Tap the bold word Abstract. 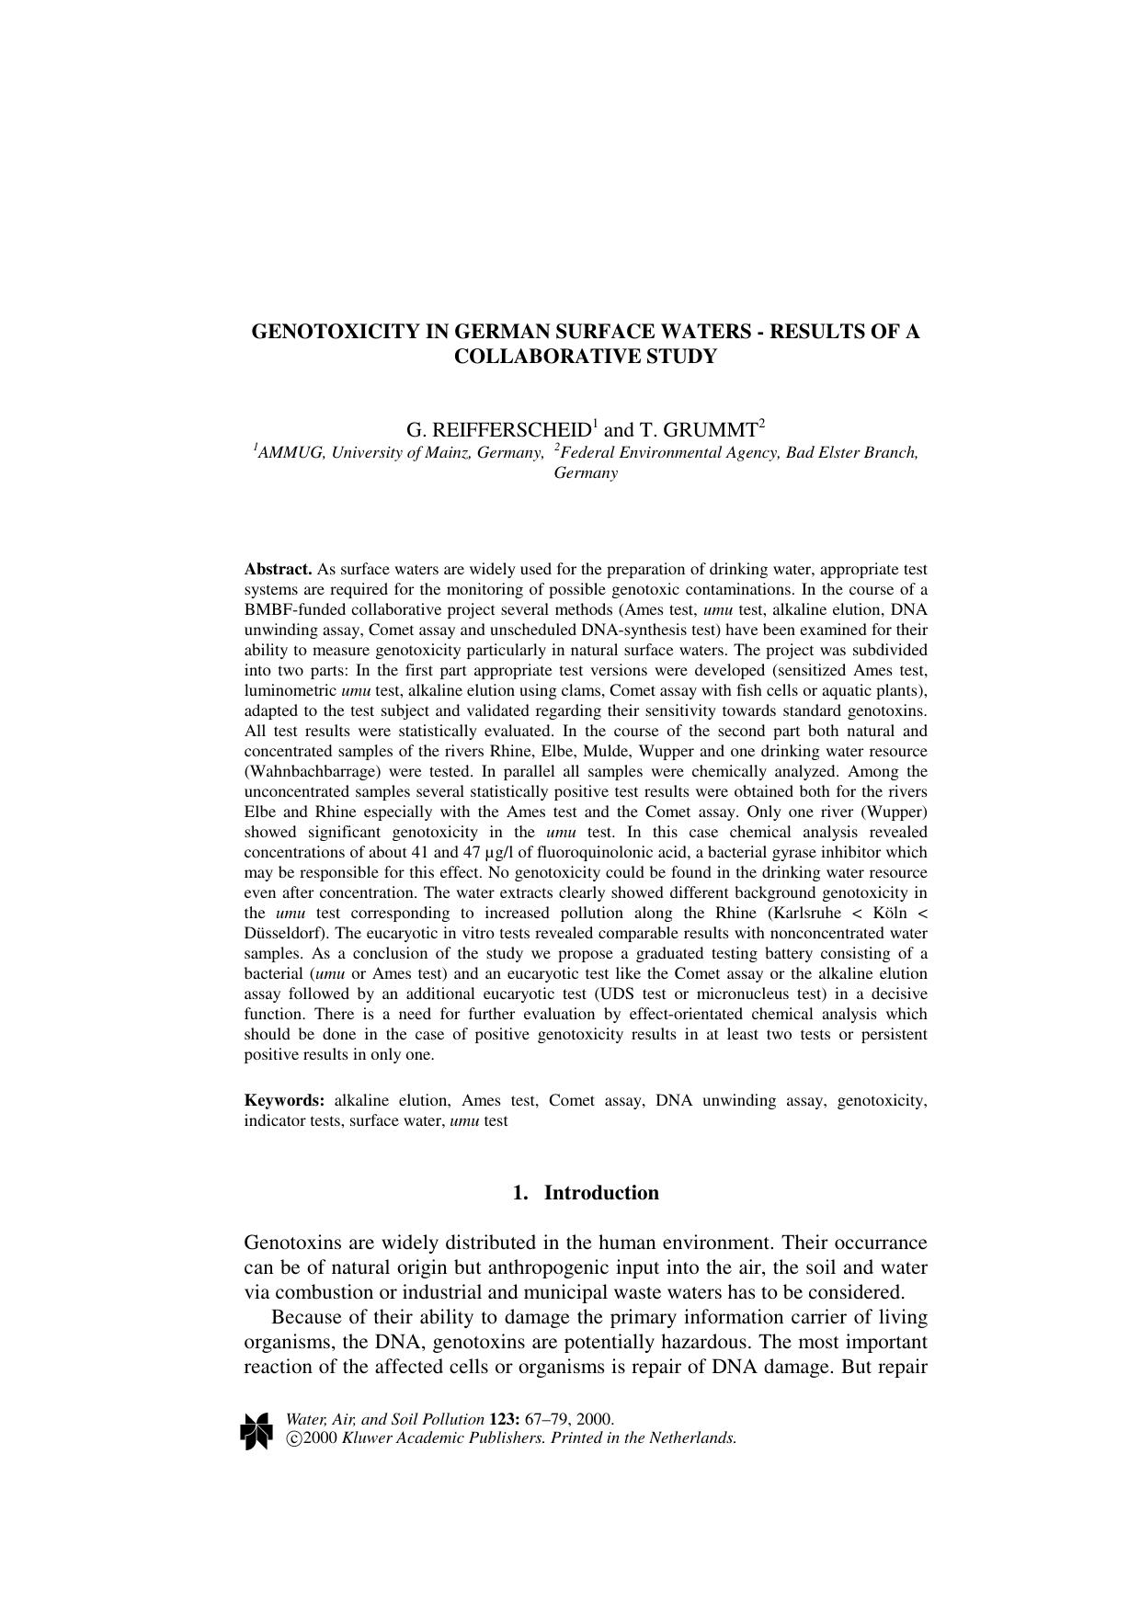pyautogui.click(x=278, y=570)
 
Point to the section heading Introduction pyautogui.click(x=601, y=1193)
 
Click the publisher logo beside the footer pyautogui.click(x=256, y=1431)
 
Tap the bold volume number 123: pyautogui.click(x=504, y=1419)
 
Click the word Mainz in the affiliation pyautogui.click(x=447, y=453)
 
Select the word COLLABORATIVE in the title pyautogui.click(x=534, y=357)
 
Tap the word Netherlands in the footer pyautogui.click(x=692, y=1439)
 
